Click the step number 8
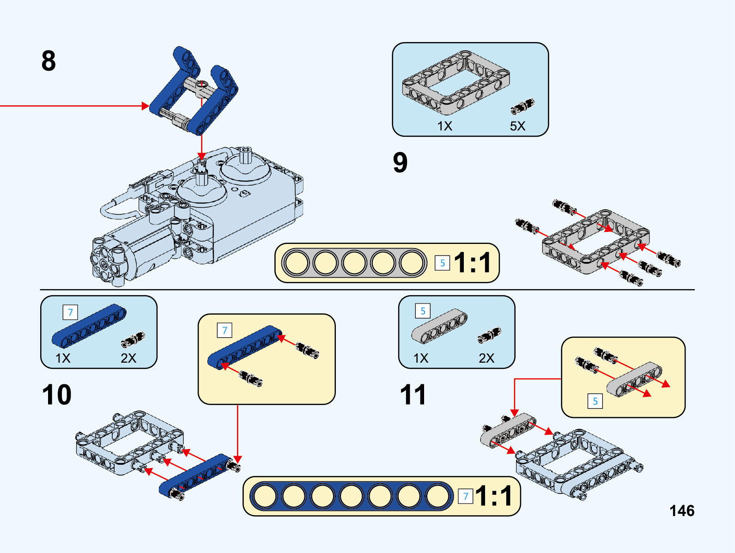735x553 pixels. [x=49, y=61]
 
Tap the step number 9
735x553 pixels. [x=400, y=163]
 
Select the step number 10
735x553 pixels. [x=56, y=395]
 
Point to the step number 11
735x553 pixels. [x=413, y=395]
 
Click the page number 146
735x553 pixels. [x=682, y=510]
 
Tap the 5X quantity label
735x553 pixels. [x=517, y=126]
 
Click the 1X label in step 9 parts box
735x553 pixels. [x=444, y=126]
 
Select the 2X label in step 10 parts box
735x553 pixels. [x=128, y=358]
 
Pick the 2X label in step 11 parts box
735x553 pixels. [x=486, y=358]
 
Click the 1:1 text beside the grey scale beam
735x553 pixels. [x=472, y=263]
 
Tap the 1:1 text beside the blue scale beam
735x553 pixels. [x=494, y=496]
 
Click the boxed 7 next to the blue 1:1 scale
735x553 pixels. [x=466, y=497]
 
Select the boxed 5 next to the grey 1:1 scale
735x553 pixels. [x=442, y=263]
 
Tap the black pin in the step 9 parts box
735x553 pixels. [x=522, y=106]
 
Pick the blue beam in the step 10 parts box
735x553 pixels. [x=89, y=326]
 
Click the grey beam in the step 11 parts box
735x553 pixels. [x=439, y=326]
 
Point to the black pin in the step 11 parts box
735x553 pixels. [x=489, y=335]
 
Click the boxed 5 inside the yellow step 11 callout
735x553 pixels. [x=595, y=401]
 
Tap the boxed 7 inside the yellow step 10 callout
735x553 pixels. [x=225, y=330]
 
